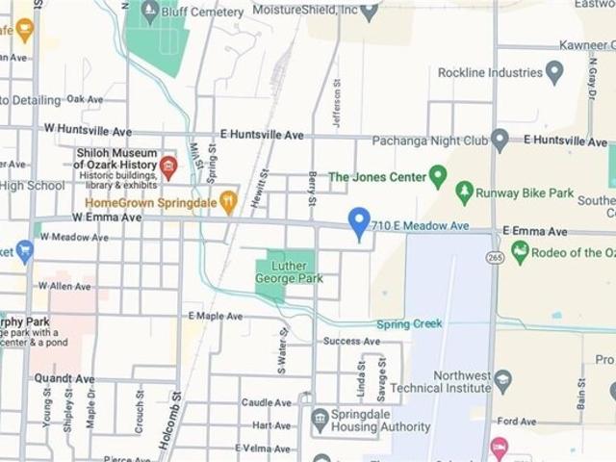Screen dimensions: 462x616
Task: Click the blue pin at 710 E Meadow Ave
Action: point(358,222)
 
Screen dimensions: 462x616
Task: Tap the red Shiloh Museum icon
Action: point(168,168)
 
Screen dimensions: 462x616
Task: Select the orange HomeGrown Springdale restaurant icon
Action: point(228,202)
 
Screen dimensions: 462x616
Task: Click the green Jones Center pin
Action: point(438,176)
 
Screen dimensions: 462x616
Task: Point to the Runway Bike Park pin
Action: point(465,192)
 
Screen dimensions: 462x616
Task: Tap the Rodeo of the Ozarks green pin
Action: point(521,252)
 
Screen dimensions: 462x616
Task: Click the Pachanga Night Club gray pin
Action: point(500,140)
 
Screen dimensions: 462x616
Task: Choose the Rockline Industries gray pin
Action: point(553,72)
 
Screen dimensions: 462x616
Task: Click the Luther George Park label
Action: point(289,272)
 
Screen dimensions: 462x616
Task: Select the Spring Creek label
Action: point(409,324)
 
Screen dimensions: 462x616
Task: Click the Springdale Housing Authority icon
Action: point(321,420)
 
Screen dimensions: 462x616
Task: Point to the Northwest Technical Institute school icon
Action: point(502,381)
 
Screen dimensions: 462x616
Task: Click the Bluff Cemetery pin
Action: point(149,13)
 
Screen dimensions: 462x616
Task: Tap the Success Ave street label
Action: point(351,341)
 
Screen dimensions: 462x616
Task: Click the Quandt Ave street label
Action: point(64,379)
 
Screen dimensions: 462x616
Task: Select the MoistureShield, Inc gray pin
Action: point(369,12)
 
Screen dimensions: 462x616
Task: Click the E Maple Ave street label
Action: point(216,316)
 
